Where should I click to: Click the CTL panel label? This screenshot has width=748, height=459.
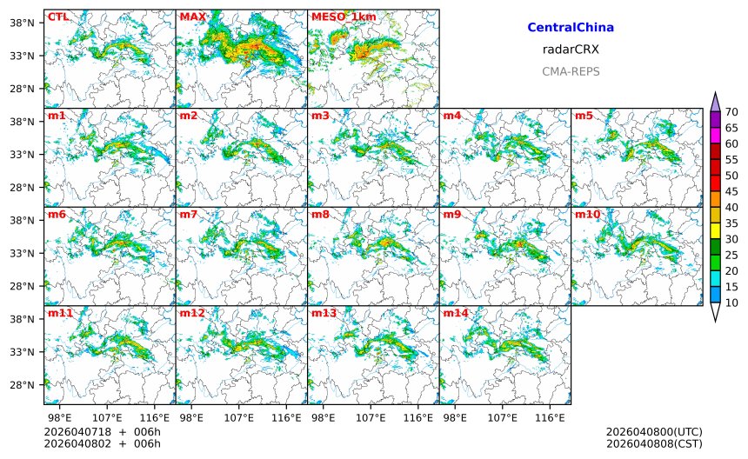point(58,17)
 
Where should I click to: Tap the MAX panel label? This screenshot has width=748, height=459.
point(192,17)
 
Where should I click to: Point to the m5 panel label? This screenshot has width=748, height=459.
point(584,116)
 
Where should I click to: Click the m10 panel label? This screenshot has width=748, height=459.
point(587,214)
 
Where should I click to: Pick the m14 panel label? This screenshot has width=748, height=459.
point(455,312)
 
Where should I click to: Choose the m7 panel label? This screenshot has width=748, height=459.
point(189,214)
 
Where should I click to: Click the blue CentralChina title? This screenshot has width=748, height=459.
point(571,28)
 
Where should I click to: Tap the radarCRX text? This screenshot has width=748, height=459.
point(571,50)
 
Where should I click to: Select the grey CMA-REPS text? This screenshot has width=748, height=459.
point(571,71)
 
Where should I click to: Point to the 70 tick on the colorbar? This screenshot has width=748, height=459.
point(732,111)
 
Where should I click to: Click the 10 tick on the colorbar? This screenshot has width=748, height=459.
point(732,303)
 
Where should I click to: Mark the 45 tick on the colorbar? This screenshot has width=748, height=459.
point(732,191)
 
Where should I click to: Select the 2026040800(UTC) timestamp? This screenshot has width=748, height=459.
point(654,432)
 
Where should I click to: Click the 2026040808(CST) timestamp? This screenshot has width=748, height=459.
point(654,444)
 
